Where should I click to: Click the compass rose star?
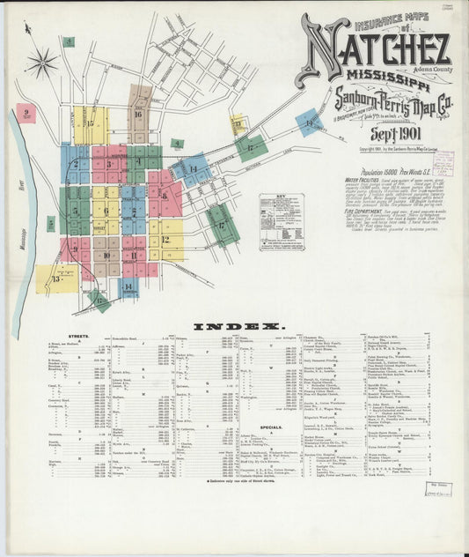pos(41,63)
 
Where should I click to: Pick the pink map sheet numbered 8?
pos(164,195)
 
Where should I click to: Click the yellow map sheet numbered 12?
pos(166,238)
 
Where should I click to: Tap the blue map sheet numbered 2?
pos(76,163)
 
